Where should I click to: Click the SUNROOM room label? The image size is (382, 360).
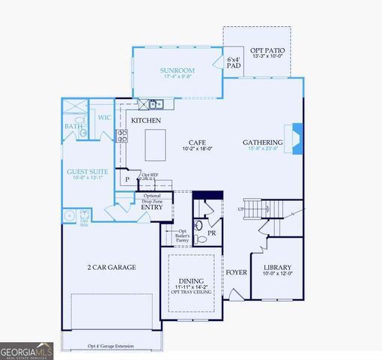click(x=178, y=70)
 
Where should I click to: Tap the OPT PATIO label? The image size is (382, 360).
click(x=268, y=49)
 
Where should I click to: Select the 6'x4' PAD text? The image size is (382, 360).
click(x=234, y=63)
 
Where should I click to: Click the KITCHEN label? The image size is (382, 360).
click(x=146, y=120)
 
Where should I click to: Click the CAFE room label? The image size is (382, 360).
click(x=197, y=142)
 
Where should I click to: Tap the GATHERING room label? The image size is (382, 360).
click(x=262, y=142)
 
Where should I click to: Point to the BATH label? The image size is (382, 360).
click(x=73, y=127)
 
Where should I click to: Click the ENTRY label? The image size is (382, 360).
click(x=152, y=207)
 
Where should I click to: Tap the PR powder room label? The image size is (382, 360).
click(x=211, y=233)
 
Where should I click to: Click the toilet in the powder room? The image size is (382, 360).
click(x=198, y=225)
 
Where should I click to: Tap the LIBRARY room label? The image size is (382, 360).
click(x=277, y=268)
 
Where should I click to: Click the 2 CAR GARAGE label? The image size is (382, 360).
click(x=111, y=267)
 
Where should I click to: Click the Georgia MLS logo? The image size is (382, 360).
click(x=26, y=351)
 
